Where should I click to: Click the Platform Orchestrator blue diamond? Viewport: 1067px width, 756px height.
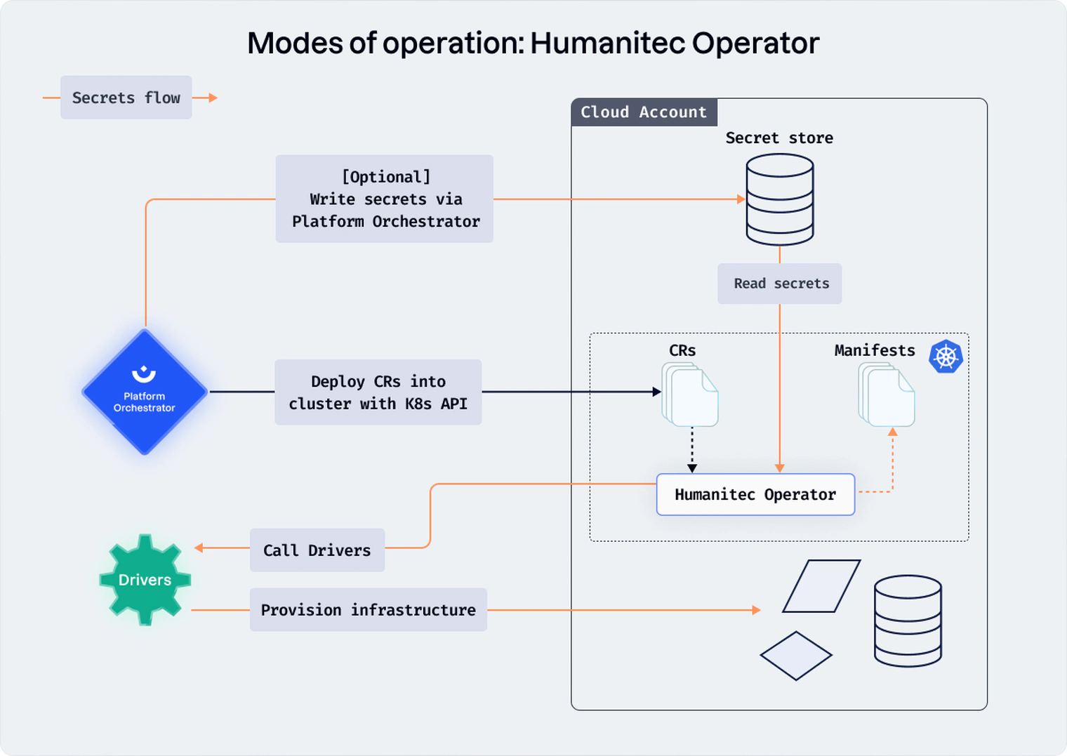click(x=145, y=392)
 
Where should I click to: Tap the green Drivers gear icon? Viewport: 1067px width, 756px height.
click(x=145, y=580)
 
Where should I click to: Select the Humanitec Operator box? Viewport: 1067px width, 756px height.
click(x=755, y=495)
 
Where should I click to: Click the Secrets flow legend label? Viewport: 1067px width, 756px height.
click(x=126, y=98)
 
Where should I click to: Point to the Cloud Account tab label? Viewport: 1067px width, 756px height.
click(x=644, y=112)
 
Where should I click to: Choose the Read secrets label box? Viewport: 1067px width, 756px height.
click(x=780, y=284)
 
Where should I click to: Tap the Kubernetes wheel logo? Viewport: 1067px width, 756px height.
click(x=946, y=357)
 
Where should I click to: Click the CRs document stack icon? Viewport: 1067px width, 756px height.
click(x=690, y=394)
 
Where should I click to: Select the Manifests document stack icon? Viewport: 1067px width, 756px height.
click(x=887, y=394)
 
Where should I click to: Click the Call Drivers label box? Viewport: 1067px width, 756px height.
click(x=317, y=550)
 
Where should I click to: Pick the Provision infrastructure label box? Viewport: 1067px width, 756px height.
click(x=369, y=610)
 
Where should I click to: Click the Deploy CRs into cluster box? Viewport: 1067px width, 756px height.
click(x=378, y=392)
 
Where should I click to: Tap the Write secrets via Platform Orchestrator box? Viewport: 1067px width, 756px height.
click(x=385, y=199)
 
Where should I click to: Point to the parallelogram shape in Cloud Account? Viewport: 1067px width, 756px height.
click(x=821, y=586)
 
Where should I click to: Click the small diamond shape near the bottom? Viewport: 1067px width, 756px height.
click(x=796, y=656)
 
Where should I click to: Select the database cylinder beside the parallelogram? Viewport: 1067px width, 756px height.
click(x=908, y=621)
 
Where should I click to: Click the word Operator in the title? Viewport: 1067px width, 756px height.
click(x=755, y=44)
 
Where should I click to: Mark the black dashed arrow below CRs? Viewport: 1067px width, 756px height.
click(x=692, y=449)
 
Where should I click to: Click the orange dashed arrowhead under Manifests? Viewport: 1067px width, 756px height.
click(x=893, y=432)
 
